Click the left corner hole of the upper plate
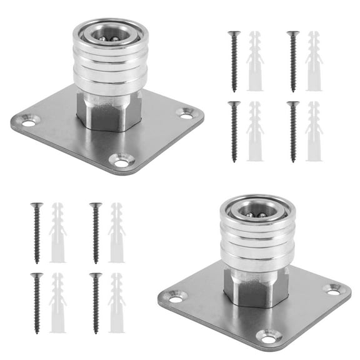(29, 120)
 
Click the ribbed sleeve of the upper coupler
(111, 66)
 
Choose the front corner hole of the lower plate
(269, 336)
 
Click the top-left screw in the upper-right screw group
(235, 61)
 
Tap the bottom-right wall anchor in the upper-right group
(313, 131)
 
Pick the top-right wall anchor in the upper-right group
(313, 61)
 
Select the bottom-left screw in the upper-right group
(235, 131)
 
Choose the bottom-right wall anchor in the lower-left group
(116, 302)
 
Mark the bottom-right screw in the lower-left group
(96, 302)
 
